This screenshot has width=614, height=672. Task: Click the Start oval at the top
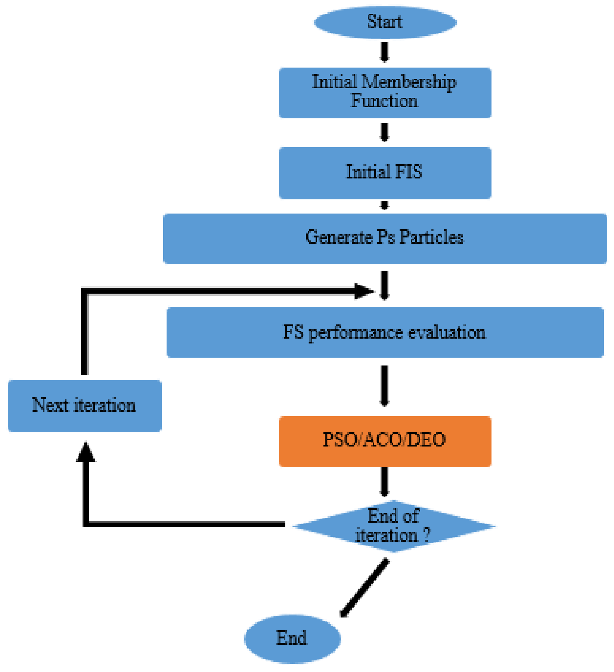385,22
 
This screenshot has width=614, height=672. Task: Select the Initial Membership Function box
385,93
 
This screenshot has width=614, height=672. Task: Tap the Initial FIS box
385,172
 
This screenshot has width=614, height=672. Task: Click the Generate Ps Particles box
385,238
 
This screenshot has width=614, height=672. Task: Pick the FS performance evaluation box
385,332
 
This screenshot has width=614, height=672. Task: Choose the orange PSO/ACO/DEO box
385,441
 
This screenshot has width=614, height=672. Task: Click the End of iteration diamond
394,526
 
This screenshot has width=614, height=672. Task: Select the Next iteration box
85,405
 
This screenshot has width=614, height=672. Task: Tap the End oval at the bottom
292,638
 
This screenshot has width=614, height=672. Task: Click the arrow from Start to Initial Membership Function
384,52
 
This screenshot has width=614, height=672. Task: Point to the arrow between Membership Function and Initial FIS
384,132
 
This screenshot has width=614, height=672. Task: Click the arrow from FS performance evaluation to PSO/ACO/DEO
384,385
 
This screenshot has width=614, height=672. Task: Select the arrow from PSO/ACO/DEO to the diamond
384,482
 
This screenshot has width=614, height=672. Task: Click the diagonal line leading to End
365,588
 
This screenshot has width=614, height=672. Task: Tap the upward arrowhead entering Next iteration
86,453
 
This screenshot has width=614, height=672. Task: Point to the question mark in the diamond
426,535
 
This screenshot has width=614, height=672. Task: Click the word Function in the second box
384,101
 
